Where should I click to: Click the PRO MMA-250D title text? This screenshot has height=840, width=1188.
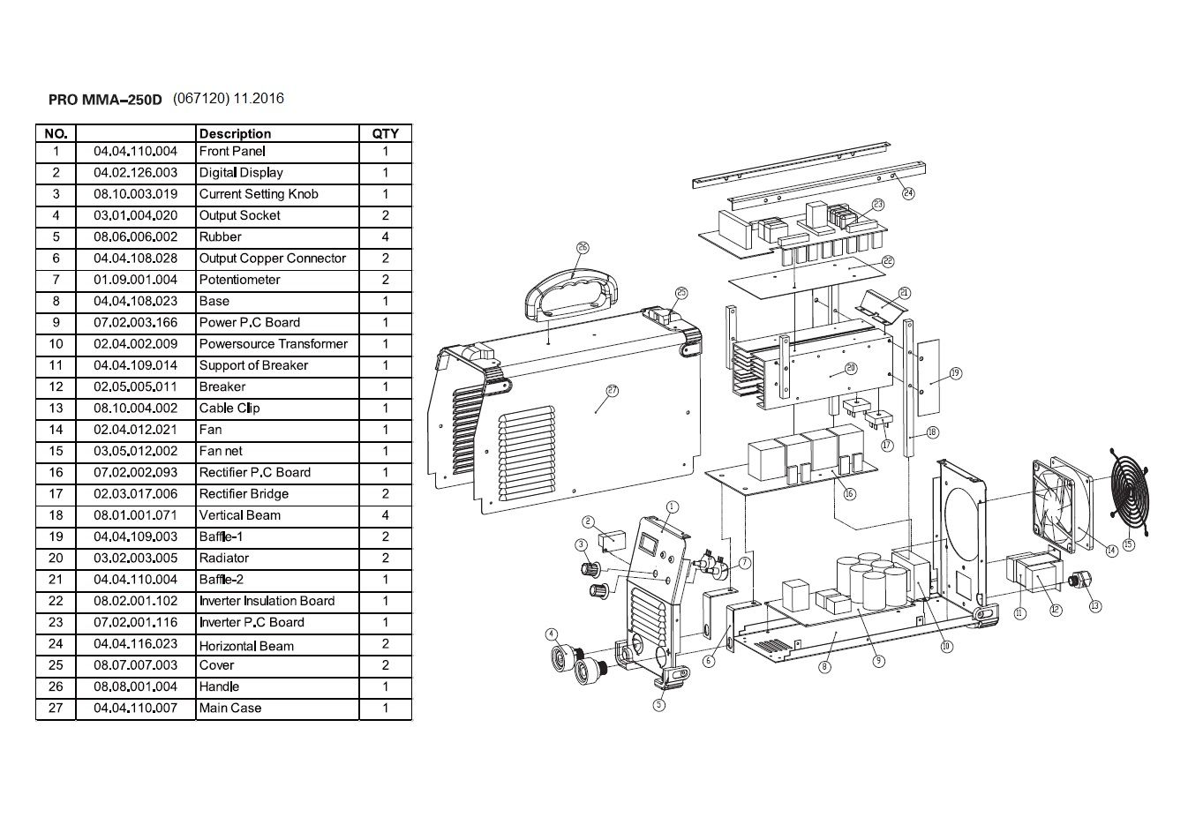click(x=105, y=100)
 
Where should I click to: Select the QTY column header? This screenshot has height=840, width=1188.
click(x=385, y=134)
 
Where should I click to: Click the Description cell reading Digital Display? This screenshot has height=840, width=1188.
click(x=241, y=173)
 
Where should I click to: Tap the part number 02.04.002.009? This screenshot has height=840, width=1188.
click(x=135, y=344)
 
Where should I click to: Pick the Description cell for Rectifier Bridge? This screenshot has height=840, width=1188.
click(x=244, y=494)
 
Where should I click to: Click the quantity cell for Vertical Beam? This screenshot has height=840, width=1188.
click(x=385, y=515)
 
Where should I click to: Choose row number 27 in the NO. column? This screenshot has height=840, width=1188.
click(x=56, y=708)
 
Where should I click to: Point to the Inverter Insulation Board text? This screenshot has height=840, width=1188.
click(x=267, y=601)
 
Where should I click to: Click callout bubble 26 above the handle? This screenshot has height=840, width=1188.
click(x=583, y=248)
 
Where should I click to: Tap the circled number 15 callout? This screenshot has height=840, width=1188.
click(x=1129, y=544)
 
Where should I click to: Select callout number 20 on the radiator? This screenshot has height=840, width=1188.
click(x=850, y=368)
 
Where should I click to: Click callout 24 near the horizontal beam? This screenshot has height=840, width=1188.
click(x=908, y=192)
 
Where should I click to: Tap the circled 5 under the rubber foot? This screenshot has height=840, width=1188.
click(x=659, y=704)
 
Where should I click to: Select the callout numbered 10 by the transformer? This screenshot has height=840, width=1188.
click(x=947, y=646)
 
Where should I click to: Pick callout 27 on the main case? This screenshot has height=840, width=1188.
click(x=613, y=390)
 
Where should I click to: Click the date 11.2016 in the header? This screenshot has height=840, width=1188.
click(x=259, y=99)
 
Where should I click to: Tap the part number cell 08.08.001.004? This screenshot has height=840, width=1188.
click(x=135, y=686)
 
